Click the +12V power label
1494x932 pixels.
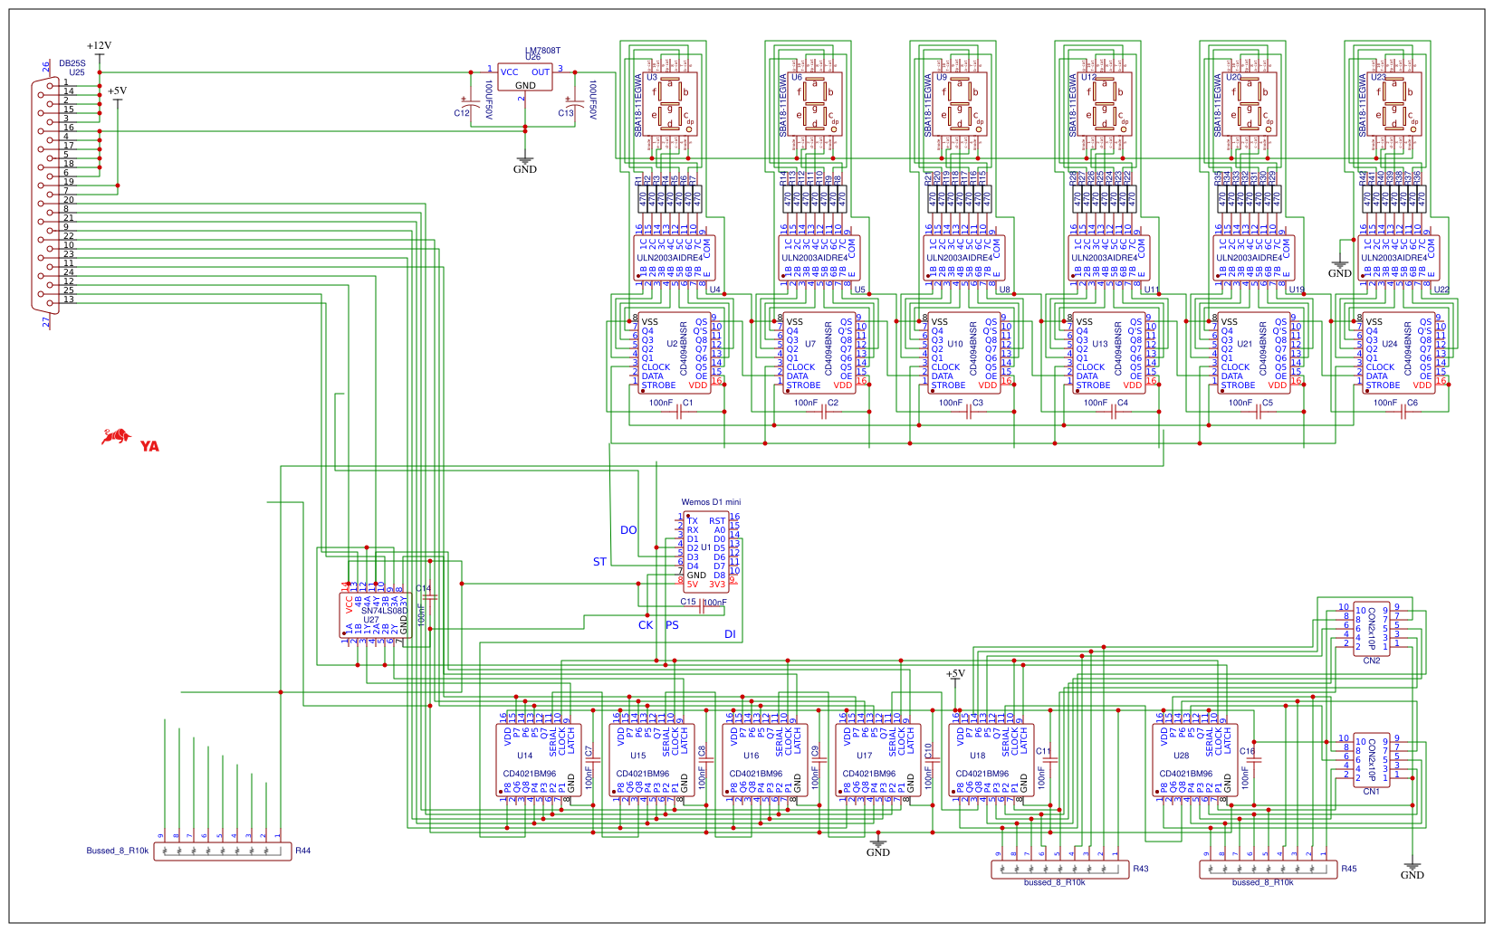coord(99,45)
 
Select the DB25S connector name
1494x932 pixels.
coord(72,63)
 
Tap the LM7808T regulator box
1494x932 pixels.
coord(525,78)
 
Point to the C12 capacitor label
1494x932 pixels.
coord(462,113)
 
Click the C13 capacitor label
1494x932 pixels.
coord(566,113)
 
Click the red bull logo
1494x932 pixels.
coord(115,438)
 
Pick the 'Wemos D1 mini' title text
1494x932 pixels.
coord(711,502)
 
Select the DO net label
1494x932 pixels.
coord(628,530)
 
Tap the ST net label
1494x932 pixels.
coord(599,562)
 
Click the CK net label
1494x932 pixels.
coord(646,625)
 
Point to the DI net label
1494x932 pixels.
coord(730,634)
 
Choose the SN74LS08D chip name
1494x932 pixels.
coord(384,611)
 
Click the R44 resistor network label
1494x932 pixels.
coord(303,851)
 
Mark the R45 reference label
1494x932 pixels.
coord(1349,869)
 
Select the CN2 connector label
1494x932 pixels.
coord(1372,661)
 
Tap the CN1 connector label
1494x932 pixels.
coord(1372,791)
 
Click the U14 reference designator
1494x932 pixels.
coord(525,756)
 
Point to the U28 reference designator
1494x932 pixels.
coord(1182,756)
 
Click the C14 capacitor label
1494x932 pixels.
coord(423,589)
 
